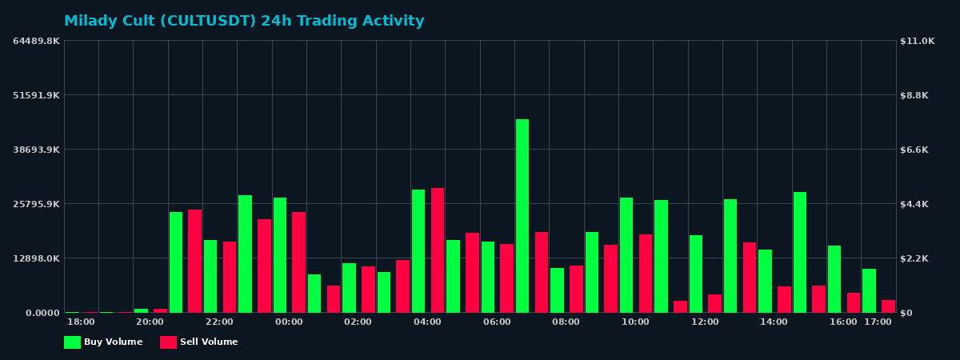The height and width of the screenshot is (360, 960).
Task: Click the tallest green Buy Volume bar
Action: (522, 216)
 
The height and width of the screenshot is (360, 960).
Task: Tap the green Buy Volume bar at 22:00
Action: (210, 276)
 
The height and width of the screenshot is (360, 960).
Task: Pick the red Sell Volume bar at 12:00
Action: (714, 303)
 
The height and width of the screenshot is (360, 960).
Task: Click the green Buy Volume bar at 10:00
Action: (626, 255)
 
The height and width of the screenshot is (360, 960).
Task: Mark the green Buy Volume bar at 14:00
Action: (766, 281)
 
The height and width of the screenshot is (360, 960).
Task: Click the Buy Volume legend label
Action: (113, 342)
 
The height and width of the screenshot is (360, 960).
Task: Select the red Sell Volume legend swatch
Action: (168, 342)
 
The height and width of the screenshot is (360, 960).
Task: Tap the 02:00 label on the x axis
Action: (358, 322)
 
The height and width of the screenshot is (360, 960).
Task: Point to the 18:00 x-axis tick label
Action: (81, 322)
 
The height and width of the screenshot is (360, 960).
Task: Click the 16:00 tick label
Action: (843, 322)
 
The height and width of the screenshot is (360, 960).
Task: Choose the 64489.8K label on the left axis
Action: (36, 41)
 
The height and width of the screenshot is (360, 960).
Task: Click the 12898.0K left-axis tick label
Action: (36, 258)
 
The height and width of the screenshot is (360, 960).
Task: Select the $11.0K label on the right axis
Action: (917, 41)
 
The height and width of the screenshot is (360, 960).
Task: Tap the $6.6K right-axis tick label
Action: (914, 150)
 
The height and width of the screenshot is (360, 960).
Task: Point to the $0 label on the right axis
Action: (906, 313)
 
